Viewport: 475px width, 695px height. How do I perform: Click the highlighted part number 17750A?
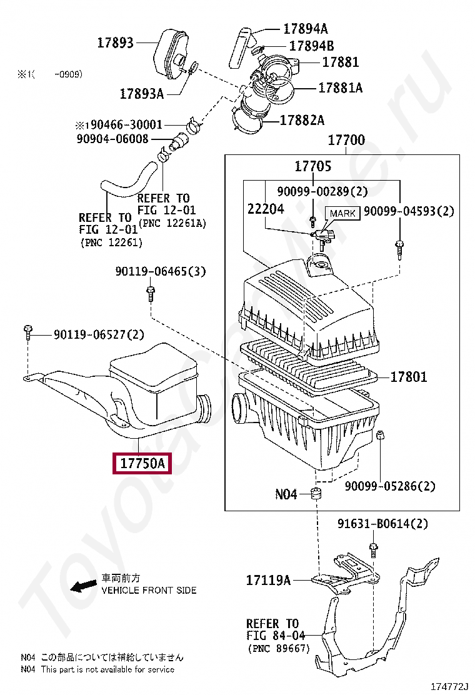142,464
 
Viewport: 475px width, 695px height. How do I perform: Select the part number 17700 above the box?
346,140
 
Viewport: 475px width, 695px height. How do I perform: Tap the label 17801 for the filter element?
409,377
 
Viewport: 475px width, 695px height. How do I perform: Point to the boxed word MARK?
342,213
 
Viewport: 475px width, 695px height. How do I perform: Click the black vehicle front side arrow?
82,586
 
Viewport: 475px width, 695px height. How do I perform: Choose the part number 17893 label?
116,42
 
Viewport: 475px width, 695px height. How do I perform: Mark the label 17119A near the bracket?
268,581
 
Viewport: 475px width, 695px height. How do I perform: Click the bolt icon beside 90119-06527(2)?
28,331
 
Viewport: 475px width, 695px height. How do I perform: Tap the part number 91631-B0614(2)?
383,524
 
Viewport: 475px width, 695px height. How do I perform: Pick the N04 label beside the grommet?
286,494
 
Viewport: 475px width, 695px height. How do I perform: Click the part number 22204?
266,209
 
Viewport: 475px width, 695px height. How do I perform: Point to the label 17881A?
340,88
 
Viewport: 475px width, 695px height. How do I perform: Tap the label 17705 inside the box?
313,166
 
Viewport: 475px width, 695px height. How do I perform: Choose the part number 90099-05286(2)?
390,486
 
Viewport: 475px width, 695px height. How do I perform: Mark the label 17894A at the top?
305,29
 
